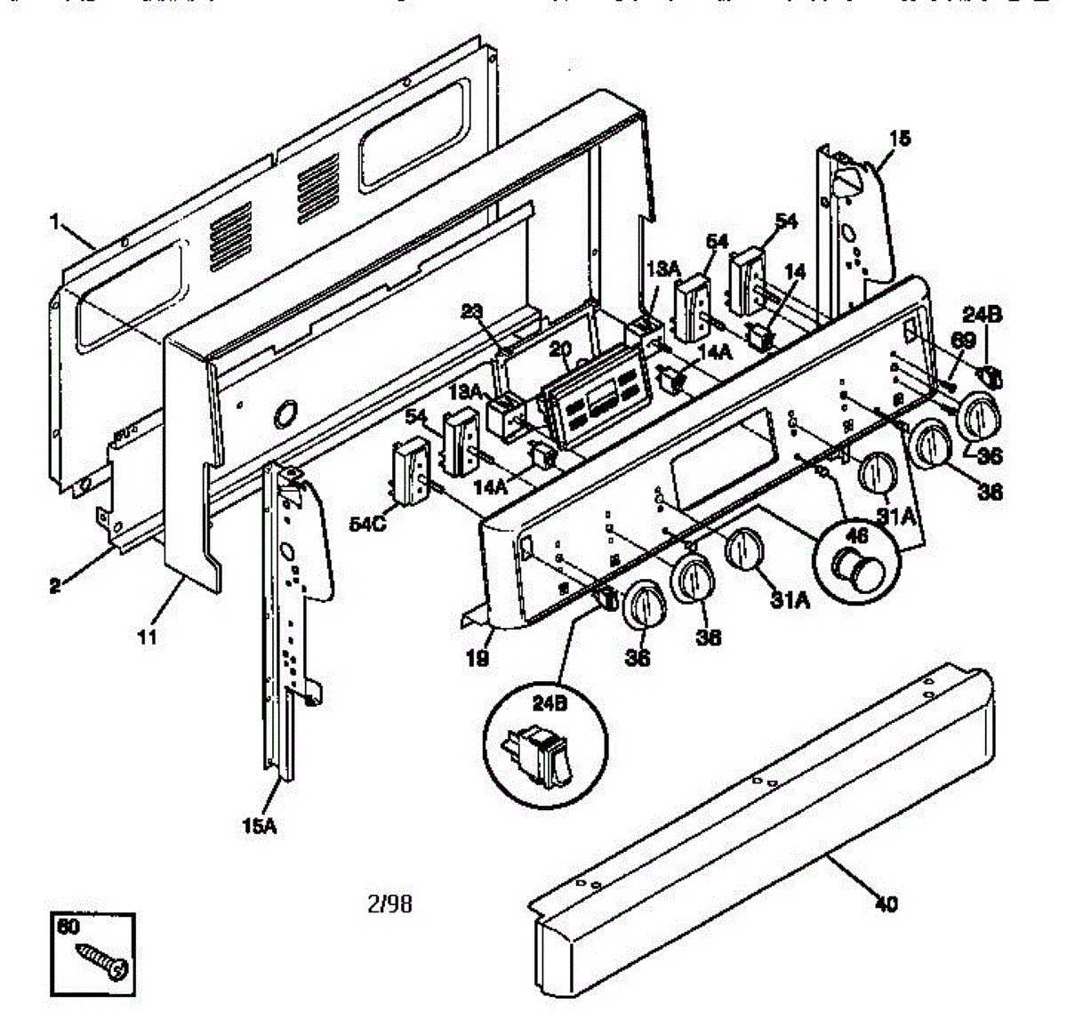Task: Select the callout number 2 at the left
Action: point(55,588)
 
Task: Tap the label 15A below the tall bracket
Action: point(259,826)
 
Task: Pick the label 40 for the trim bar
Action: point(886,904)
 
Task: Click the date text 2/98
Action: point(389,904)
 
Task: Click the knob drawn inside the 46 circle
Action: point(854,567)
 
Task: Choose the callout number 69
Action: point(964,341)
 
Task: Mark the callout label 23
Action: point(472,311)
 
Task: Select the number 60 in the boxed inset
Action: point(68,927)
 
